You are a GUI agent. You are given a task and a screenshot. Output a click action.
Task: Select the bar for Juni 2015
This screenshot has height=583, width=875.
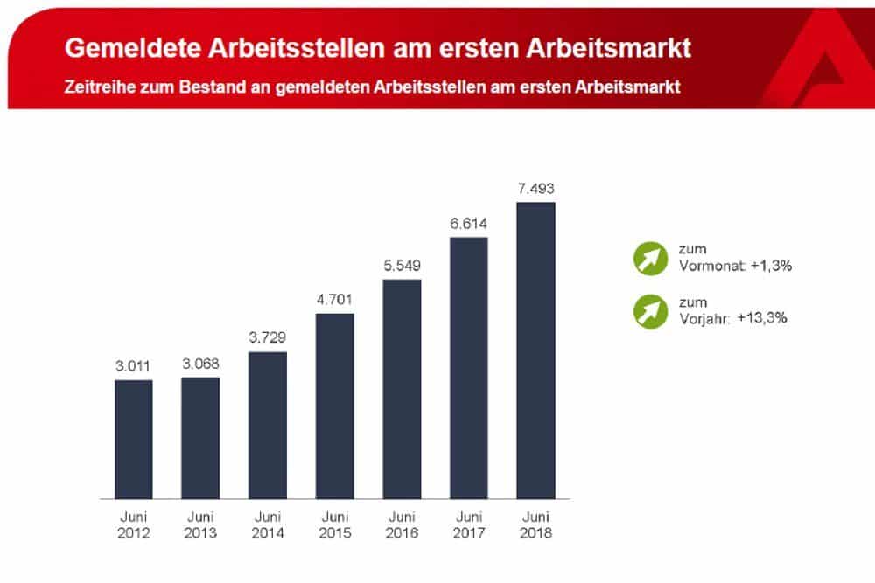(x=334, y=406)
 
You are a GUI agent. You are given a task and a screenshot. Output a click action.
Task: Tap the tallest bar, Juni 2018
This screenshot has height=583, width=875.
(x=535, y=350)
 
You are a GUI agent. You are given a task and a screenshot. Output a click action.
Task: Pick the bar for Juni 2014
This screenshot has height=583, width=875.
(x=268, y=425)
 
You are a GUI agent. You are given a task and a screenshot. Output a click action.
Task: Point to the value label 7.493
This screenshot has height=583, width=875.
(x=535, y=189)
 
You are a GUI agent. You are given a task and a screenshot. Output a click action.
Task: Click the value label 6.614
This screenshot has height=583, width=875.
(x=468, y=224)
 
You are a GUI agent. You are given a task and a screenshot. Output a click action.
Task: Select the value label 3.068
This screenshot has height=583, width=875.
(x=200, y=364)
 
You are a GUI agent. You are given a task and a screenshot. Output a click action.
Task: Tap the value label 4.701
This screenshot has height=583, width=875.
(x=334, y=300)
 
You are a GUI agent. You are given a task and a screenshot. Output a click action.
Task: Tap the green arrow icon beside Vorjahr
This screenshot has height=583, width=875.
(x=648, y=311)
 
